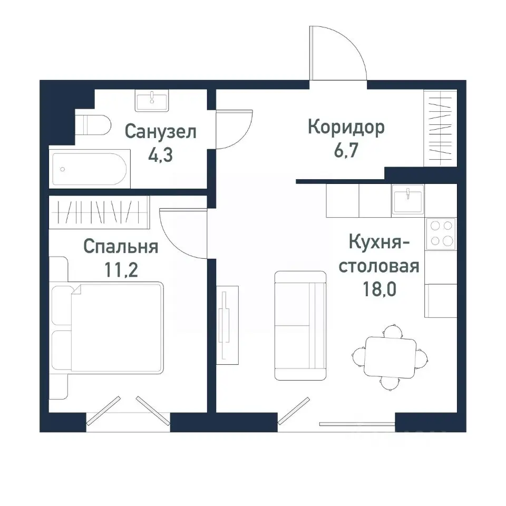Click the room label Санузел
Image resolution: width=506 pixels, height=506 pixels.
[x=161, y=131]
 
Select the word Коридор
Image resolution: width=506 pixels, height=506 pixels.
[x=346, y=128]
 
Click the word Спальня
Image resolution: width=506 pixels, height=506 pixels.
[x=121, y=246]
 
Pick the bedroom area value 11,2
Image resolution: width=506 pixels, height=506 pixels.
[x=121, y=271]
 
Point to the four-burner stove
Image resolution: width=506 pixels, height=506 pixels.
[x=441, y=233]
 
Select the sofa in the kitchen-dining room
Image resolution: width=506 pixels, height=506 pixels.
[x=300, y=326]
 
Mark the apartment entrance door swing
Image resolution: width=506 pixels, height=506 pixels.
[x=337, y=53]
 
